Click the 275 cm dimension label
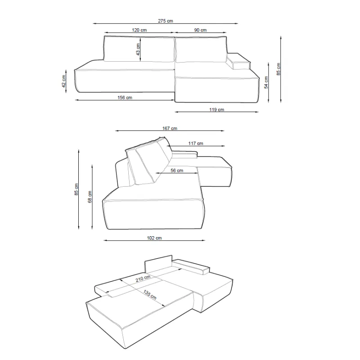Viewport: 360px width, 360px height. pos(165,21)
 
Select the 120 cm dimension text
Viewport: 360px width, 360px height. pos(139,30)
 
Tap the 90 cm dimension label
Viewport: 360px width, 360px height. pos(200,30)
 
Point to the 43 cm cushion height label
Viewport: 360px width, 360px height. pos(138,49)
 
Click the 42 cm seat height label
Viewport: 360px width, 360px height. pos(63,81)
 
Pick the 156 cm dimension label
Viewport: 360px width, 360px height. pos(125,98)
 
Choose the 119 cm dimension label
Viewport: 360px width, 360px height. pos(216,109)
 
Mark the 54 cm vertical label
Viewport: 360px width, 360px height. pos(266,82)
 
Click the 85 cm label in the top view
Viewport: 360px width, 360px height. pos(278,69)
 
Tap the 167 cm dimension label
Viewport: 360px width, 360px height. pos(170,128)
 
